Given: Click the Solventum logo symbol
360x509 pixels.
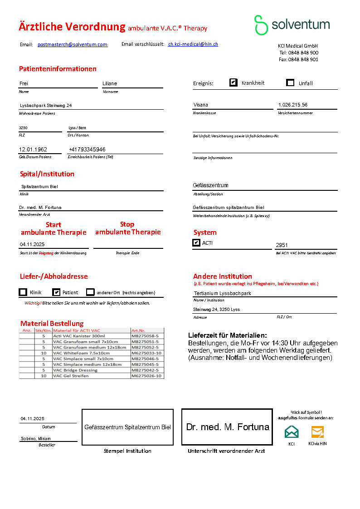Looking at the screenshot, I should (261, 25).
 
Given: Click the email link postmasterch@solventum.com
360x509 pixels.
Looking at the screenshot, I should (73, 44).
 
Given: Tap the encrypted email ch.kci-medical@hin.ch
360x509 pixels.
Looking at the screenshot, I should (193, 44).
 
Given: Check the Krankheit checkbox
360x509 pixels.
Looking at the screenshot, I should (234, 82).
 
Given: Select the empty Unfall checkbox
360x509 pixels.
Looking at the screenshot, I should (291, 82).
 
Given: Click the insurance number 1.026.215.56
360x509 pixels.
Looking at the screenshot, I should (292, 105).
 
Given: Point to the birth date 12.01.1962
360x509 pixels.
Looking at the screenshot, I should (33, 149).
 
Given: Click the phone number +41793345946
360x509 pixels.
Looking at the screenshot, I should (87, 149).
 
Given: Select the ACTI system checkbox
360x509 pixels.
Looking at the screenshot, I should (196, 243).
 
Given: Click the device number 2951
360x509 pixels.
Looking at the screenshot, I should (282, 245).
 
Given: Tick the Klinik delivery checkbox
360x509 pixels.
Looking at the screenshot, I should (23, 292).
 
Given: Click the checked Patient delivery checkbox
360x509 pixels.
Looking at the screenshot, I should (56, 292).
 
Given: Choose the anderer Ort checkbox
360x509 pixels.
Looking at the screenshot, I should (90, 292).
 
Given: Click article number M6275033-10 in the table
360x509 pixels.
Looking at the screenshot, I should (146, 353).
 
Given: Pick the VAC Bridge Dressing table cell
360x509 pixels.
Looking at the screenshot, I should (75, 370).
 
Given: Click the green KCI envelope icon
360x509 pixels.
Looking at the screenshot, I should (292, 431).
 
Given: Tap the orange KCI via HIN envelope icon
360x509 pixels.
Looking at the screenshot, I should (317, 431).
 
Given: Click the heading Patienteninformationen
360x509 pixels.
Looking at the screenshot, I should (58, 69).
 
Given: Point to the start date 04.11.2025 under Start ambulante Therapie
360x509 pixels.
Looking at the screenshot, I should (32, 244).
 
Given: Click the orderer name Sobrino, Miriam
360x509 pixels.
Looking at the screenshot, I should (36, 438).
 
